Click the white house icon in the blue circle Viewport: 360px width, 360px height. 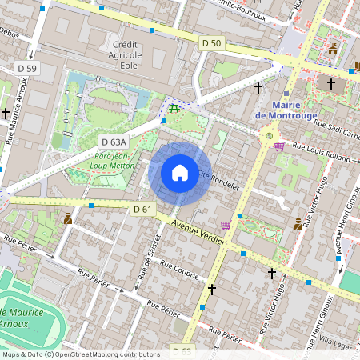click(180, 172)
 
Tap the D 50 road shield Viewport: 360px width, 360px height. click(211, 42)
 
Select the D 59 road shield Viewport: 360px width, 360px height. click(26, 68)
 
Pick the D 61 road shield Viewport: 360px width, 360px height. click(142, 209)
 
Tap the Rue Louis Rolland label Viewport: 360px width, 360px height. click(322, 151)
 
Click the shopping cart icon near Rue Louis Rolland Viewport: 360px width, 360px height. click(279, 146)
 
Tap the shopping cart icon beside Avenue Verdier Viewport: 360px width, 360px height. click(226, 225)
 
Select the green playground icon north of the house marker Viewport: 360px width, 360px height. click(174, 108)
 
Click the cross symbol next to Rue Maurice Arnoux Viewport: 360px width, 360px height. click(6, 114)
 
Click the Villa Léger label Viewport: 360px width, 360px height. click(341, 342)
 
